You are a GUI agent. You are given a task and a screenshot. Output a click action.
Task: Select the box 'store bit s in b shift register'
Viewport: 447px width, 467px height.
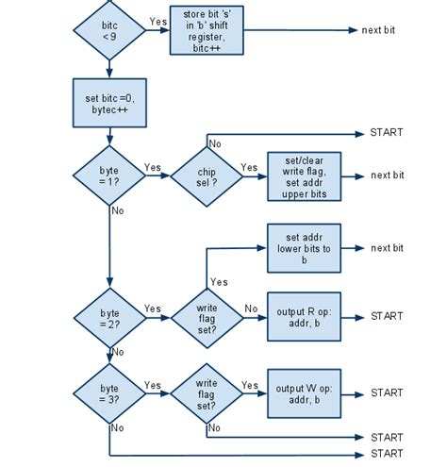[206, 30]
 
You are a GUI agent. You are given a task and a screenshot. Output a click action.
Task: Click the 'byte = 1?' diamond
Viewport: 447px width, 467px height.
[110, 175]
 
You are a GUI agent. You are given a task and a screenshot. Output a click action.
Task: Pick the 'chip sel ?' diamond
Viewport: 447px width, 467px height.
[206, 175]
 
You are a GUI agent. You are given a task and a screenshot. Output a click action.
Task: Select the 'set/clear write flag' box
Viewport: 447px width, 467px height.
[303, 175]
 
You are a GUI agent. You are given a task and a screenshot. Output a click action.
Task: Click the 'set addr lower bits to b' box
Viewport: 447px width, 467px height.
[303, 247]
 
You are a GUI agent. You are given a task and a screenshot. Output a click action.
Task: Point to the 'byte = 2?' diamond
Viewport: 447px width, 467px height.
[110, 316]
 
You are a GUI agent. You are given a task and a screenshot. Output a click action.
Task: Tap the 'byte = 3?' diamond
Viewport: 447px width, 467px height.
[110, 392]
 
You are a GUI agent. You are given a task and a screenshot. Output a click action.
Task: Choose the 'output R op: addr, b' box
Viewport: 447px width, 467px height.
[303, 316]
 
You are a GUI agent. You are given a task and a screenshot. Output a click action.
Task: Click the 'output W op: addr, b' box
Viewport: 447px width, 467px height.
[303, 392]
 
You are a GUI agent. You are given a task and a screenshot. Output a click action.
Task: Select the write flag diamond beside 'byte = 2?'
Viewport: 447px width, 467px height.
[206, 316]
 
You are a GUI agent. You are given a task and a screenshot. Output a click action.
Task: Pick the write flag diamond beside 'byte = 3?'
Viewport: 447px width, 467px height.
[206, 392]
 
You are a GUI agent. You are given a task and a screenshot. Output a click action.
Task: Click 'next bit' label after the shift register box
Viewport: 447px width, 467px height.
[378, 30]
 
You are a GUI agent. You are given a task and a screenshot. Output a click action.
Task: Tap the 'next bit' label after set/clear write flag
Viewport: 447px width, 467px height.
[387, 175]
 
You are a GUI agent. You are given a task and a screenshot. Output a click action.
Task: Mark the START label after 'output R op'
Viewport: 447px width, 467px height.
[387, 316]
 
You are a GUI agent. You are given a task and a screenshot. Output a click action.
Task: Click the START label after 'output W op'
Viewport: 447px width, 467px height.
[387, 392]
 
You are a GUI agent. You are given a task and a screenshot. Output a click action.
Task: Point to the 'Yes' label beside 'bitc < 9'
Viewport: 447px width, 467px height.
[157, 22]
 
